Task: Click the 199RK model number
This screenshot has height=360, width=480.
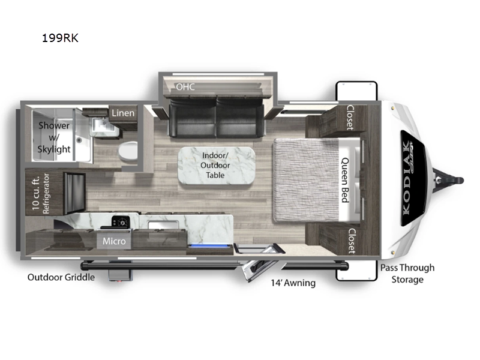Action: [x=60, y=38]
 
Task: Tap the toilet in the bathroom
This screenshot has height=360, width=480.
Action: [x=128, y=151]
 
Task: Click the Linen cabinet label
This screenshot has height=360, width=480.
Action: [x=123, y=113]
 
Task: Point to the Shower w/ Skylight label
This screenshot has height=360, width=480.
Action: [x=54, y=137]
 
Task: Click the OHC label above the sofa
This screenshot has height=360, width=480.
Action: [x=185, y=86]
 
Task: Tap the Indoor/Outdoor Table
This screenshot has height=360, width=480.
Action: [x=217, y=166]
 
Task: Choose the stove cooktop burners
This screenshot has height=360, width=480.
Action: [x=121, y=221]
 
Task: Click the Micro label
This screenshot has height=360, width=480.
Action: [x=114, y=241]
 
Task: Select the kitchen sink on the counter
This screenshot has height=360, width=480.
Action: [x=163, y=224]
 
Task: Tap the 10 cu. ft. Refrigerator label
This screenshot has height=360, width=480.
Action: [x=41, y=193]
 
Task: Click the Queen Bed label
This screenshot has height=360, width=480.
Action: [x=346, y=180]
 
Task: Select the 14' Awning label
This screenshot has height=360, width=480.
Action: [x=293, y=283]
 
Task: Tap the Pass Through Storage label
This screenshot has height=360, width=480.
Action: [x=407, y=274]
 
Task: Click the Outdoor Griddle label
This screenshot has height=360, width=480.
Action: [x=61, y=277]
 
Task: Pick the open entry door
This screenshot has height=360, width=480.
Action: [x=256, y=269]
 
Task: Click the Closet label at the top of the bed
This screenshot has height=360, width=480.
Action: [x=350, y=117]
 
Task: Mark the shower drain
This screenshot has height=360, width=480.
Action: [x=79, y=140]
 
